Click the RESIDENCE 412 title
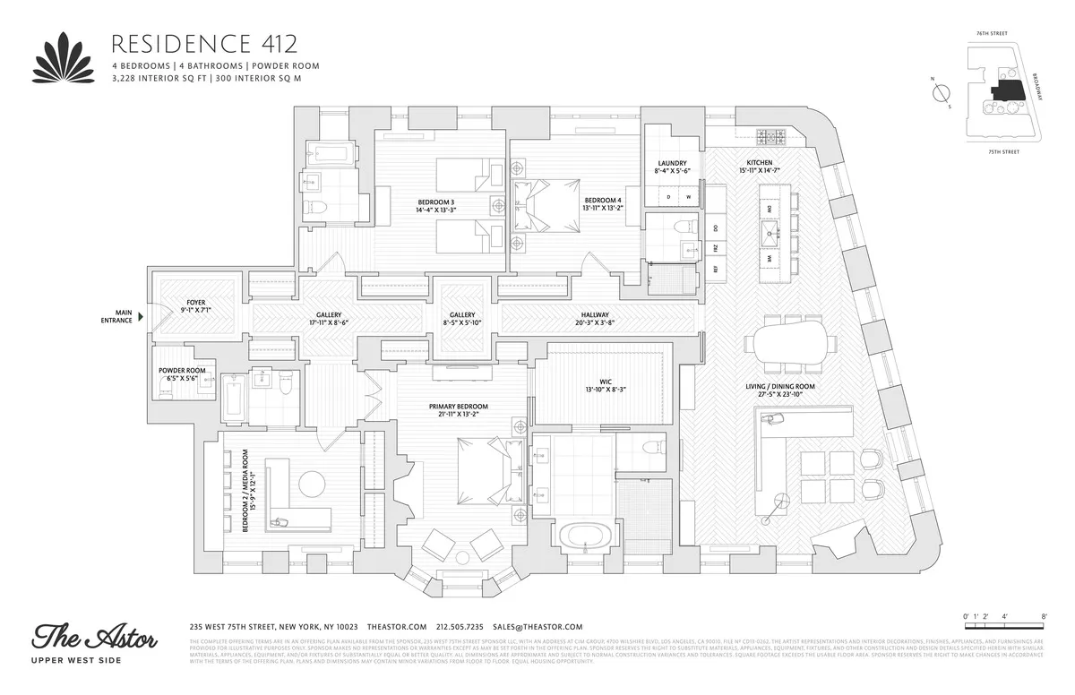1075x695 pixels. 203,43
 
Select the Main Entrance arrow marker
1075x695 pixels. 141,315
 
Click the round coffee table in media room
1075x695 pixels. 314,485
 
